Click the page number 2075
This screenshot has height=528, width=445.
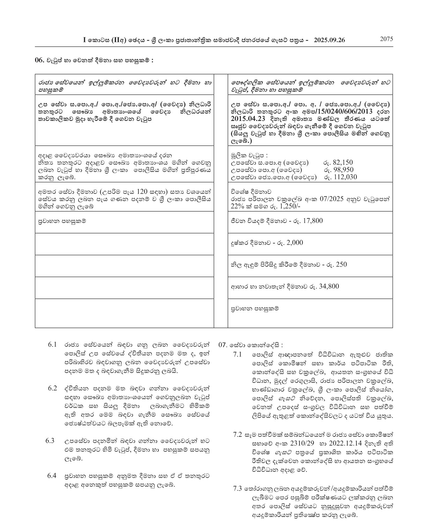386,39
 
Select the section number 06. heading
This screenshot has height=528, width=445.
39,60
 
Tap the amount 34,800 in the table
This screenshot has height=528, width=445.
329,286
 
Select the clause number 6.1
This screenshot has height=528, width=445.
52,345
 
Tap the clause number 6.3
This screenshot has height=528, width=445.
50,441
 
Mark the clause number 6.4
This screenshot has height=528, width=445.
52,476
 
